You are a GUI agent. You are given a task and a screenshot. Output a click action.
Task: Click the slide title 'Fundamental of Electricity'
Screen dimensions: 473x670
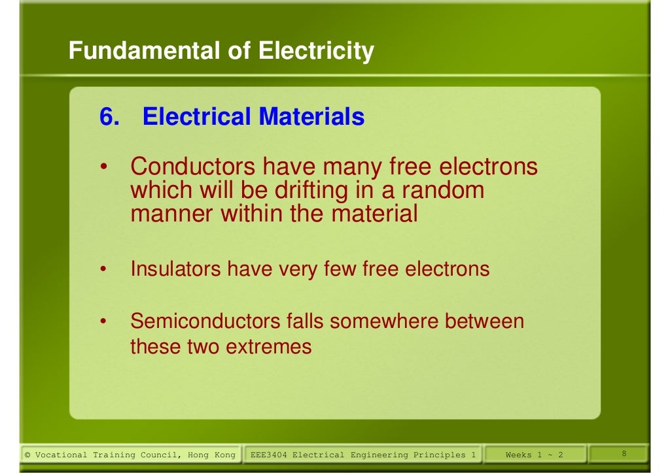tap(221, 50)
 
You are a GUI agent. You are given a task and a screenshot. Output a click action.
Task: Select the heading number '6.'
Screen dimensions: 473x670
tap(110, 117)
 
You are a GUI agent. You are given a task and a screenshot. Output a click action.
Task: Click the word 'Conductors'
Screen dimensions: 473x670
tap(193, 167)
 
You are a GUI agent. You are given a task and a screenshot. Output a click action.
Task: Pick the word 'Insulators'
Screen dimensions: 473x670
tap(175, 269)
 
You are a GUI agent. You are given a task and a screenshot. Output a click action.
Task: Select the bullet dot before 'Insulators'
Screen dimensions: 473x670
tap(103, 269)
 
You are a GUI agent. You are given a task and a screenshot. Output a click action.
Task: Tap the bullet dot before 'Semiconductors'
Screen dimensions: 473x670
tap(103, 322)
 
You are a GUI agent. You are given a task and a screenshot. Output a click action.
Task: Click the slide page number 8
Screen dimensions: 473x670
tap(624, 454)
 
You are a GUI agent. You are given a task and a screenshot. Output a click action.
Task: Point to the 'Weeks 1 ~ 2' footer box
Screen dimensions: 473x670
tap(534, 455)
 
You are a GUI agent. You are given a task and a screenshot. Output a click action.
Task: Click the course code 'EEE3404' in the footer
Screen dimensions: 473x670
tap(269, 455)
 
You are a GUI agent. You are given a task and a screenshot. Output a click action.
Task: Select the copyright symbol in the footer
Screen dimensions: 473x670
tap(27, 455)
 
